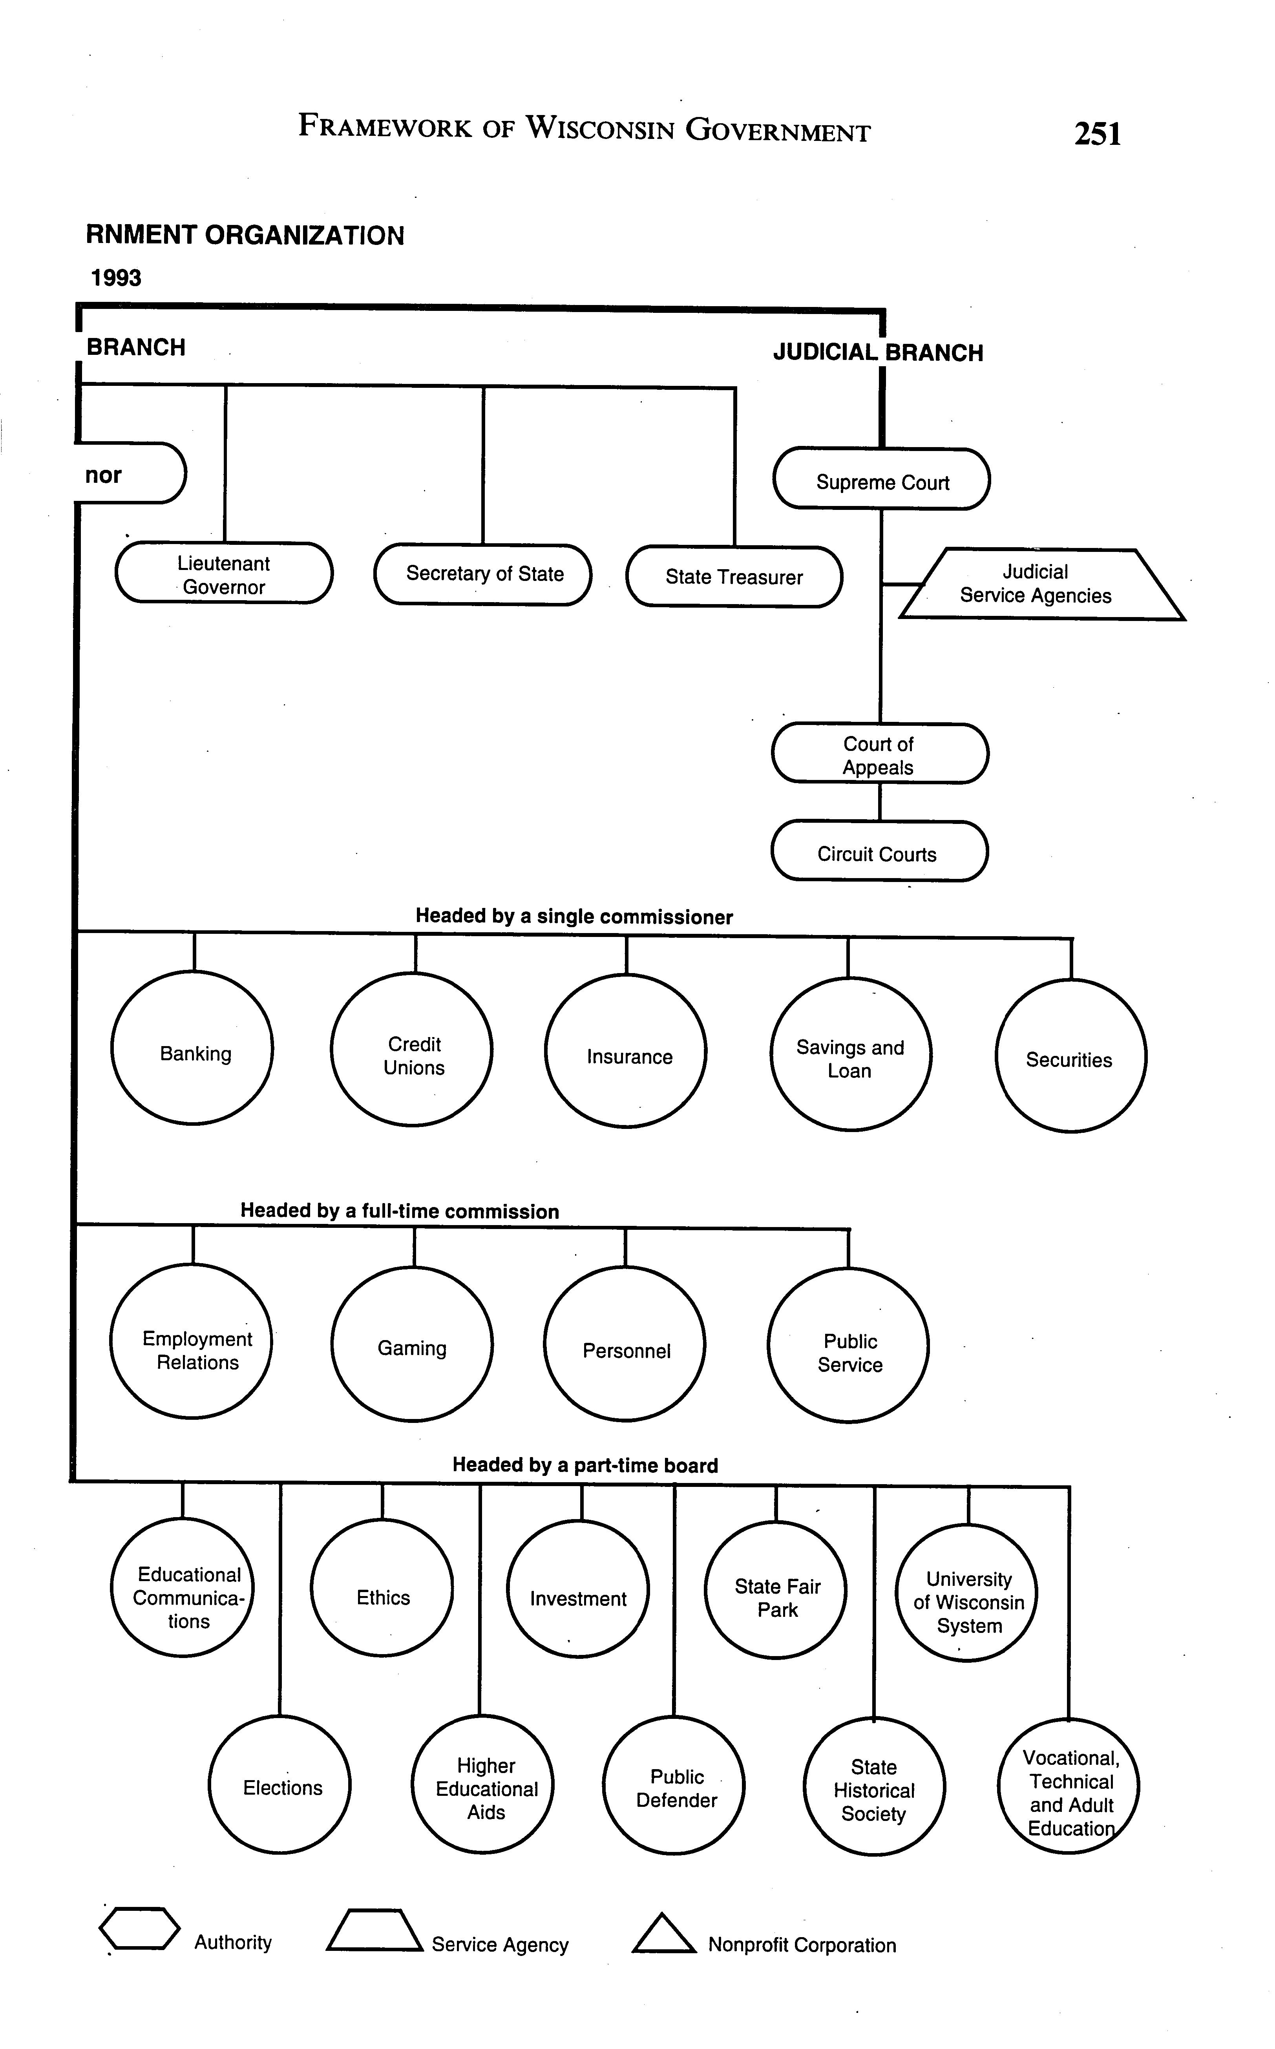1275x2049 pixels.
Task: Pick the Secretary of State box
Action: [x=483, y=574]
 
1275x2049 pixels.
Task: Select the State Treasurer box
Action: [x=734, y=577]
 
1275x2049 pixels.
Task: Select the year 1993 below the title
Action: [x=116, y=278]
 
